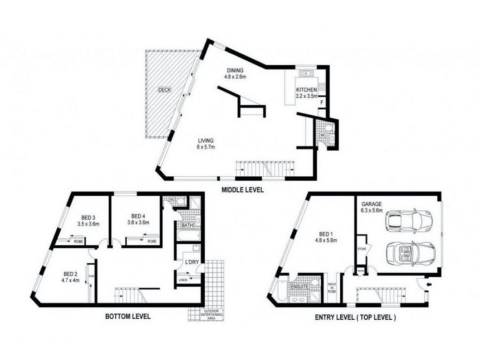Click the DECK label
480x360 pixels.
[164, 90]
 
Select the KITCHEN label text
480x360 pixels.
[306, 92]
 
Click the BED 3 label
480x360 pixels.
[88, 220]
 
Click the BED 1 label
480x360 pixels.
[327, 236]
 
